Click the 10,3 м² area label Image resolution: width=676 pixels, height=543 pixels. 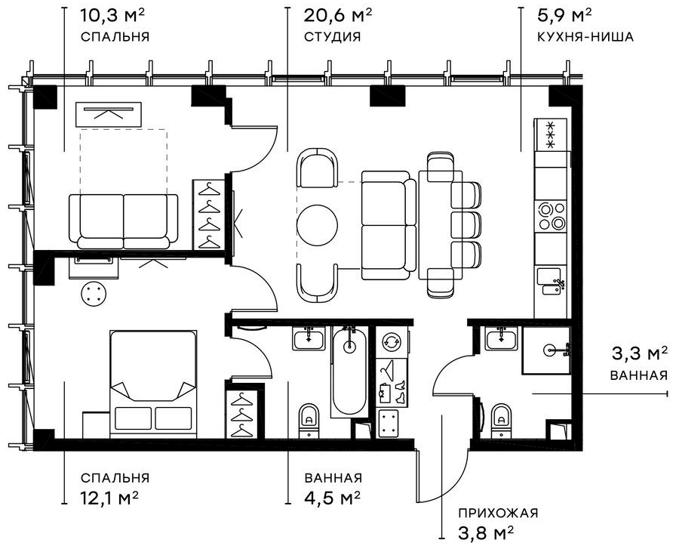(112, 16)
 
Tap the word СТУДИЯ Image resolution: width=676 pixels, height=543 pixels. (333, 37)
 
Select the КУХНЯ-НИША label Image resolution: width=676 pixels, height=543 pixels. (585, 37)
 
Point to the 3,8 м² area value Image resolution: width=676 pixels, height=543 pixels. (486, 532)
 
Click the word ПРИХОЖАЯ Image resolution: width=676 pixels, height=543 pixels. (498, 514)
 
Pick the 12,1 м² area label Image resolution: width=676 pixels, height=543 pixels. (109, 498)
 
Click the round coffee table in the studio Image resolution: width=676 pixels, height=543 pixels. (318, 224)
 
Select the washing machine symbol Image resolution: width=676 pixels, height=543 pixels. (392, 341)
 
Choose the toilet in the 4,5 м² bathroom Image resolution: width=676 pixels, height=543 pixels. (309, 421)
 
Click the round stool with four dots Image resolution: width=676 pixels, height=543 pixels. (93, 294)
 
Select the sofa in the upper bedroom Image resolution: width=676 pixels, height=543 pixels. (124, 221)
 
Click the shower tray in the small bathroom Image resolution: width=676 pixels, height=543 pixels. (547, 350)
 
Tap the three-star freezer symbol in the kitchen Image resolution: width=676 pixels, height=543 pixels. (551, 134)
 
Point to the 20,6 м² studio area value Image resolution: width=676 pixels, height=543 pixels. (337, 16)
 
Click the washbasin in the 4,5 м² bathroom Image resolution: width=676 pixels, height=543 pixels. (309, 338)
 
